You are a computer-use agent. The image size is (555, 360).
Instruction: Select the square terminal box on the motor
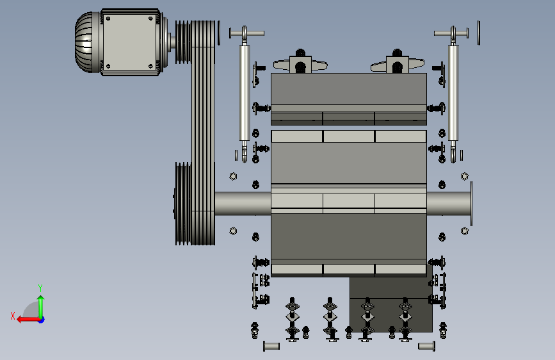tap(129, 42)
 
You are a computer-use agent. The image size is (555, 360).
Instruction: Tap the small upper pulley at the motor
tap(183, 42)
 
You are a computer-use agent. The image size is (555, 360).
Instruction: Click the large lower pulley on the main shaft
tap(183, 204)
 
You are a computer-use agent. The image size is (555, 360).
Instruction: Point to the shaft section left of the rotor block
tap(243, 204)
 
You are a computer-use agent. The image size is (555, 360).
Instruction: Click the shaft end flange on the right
tap(471, 204)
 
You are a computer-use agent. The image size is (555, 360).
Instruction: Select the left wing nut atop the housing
tap(300, 64)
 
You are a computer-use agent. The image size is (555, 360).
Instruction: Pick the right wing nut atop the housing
tap(397, 64)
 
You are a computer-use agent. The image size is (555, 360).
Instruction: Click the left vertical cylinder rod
tap(245, 93)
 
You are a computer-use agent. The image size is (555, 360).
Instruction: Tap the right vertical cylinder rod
tap(453, 93)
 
